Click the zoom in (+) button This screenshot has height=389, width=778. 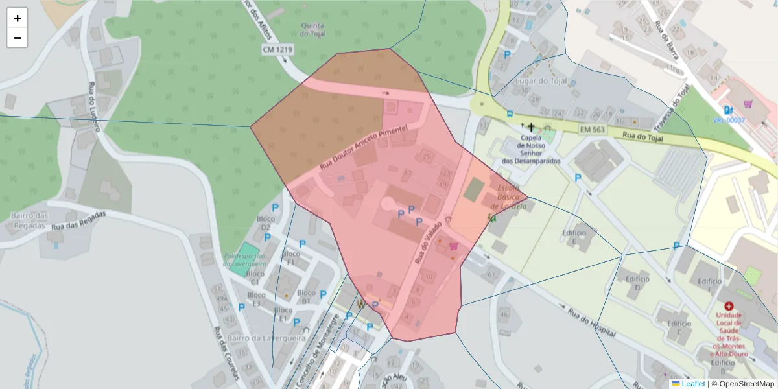18,18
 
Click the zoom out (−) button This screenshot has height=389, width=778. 18,38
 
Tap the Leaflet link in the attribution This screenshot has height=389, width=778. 692,384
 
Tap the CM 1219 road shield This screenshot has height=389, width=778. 277,49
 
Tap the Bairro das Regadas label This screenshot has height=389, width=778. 29,220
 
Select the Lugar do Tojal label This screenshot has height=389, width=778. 540,81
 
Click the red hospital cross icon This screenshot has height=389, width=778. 729,305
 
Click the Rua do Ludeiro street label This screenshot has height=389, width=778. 93,107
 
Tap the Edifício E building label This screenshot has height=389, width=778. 574,237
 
